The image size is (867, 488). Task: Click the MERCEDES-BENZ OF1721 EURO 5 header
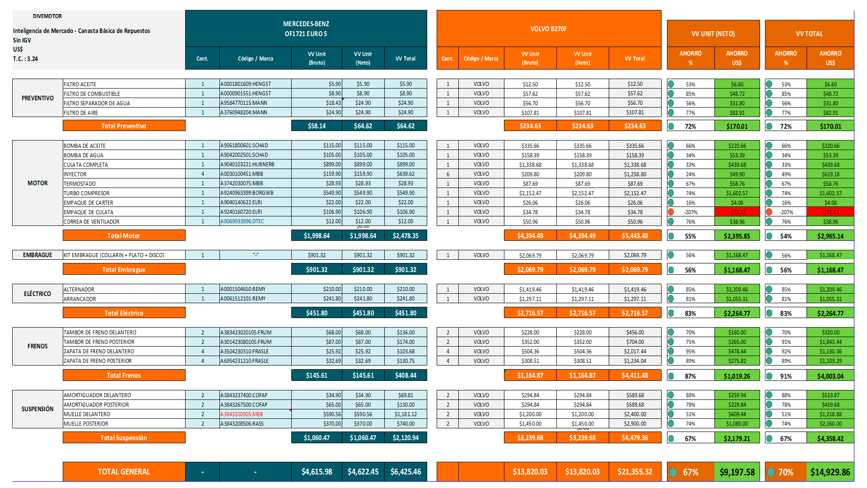pos(306,28)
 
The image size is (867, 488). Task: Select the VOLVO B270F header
pos(548,29)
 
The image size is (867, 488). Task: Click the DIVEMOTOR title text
pos(47,16)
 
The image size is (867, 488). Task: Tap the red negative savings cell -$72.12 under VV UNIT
pos(737,212)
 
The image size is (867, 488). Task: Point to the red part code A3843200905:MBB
pos(242,414)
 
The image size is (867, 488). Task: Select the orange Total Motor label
pos(124,235)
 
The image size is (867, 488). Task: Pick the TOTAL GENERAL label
pos(124,472)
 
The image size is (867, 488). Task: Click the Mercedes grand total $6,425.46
pos(406,472)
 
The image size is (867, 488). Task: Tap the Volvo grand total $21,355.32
pos(635,472)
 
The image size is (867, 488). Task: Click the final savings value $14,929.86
pos(830,472)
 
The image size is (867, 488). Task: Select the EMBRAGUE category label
pos(37,255)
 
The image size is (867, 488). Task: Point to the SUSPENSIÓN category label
pos(37,409)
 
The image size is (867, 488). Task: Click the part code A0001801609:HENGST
pos(246,84)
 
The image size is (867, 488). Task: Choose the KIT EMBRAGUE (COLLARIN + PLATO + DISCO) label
pos(114,255)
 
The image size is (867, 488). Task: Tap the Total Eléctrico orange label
pos(124,313)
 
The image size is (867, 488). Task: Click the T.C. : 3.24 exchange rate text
pos(25,59)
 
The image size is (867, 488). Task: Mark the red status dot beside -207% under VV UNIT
pos(671,212)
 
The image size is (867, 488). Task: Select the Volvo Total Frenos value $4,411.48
pos(635,375)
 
